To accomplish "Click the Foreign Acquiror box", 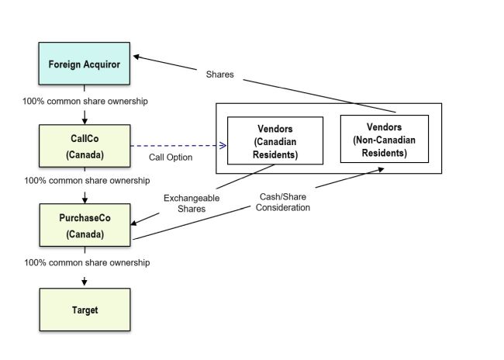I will (x=85, y=64).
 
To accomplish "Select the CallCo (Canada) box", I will (x=85, y=147).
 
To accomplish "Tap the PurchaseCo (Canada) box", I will (x=85, y=225).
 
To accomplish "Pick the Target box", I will (x=85, y=310).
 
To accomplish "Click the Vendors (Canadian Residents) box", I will (x=275, y=140).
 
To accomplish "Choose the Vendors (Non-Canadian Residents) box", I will (x=384, y=140).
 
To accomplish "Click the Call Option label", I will (x=170, y=157).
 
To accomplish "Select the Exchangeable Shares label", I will (x=191, y=203).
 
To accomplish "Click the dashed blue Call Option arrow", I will (x=178, y=145).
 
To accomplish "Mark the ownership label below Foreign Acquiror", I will (x=85, y=102).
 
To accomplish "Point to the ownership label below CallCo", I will (x=85, y=181).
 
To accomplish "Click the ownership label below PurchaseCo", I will (x=85, y=262).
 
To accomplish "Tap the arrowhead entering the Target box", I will (x=85, y=281).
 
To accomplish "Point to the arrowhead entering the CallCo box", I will (x=85, y=121).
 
